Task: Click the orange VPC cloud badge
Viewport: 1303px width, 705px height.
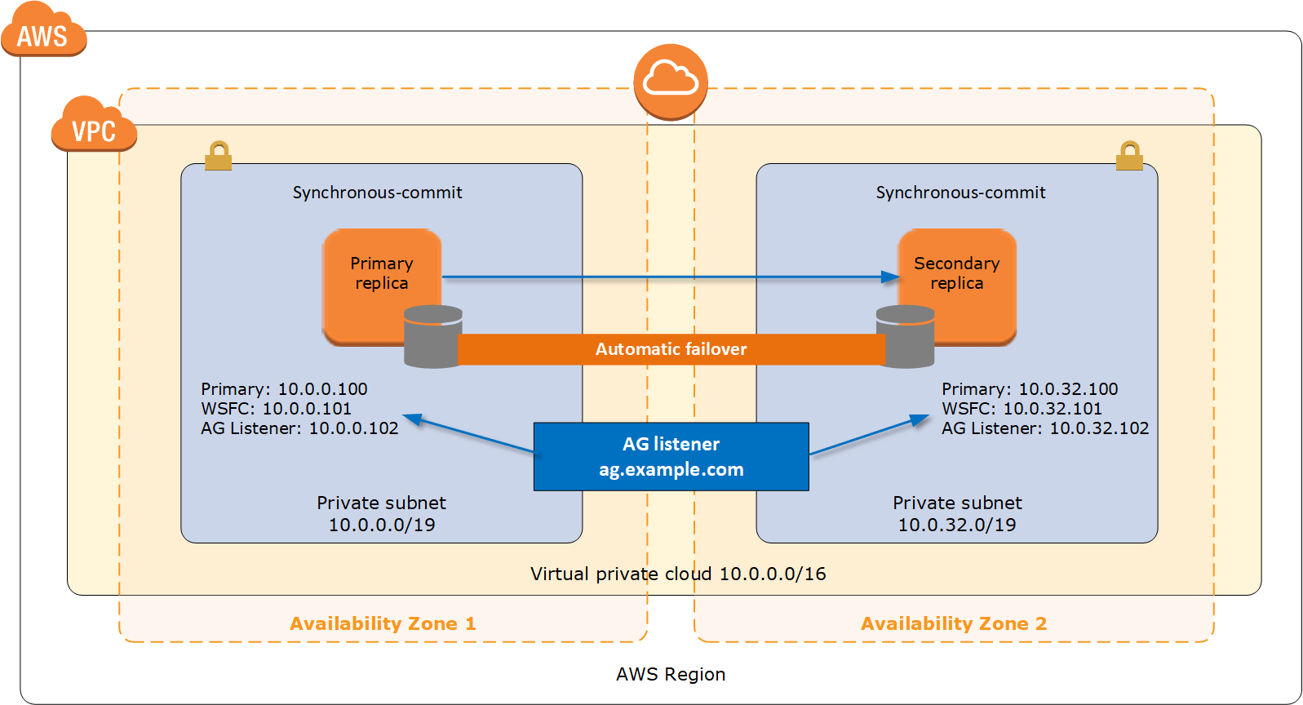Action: pos(93,127)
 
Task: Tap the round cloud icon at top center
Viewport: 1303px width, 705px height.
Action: pos(671,81)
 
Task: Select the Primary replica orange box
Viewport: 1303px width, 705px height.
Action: pos(381,274)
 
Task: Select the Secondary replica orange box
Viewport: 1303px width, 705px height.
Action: pos(957,274)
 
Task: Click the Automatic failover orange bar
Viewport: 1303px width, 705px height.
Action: pos(671,349)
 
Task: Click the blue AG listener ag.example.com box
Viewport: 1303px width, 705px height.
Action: pos(671,456)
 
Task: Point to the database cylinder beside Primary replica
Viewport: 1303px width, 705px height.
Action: pos(433,336)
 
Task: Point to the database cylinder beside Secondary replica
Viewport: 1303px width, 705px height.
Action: pos(905,336)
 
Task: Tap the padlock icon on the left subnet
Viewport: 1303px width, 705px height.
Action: pos(218,156)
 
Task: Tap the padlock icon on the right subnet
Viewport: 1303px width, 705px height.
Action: pos(1129,156)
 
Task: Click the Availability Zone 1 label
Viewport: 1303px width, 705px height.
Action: pos(383,623)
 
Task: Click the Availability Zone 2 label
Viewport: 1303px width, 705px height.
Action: pos(954,623)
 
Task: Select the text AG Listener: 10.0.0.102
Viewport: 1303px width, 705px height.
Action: pos(299,428)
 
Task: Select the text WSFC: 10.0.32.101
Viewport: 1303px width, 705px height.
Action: pos(1022,409)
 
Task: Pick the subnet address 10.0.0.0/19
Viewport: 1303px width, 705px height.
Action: pos(382,525)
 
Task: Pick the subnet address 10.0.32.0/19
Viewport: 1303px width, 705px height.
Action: pos(957,525)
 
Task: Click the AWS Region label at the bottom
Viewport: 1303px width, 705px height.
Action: pos(671,674)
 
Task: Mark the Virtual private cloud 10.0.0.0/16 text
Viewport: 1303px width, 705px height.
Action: pos(678,574)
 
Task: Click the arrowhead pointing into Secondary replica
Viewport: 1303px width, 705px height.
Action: pos(891,277)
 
